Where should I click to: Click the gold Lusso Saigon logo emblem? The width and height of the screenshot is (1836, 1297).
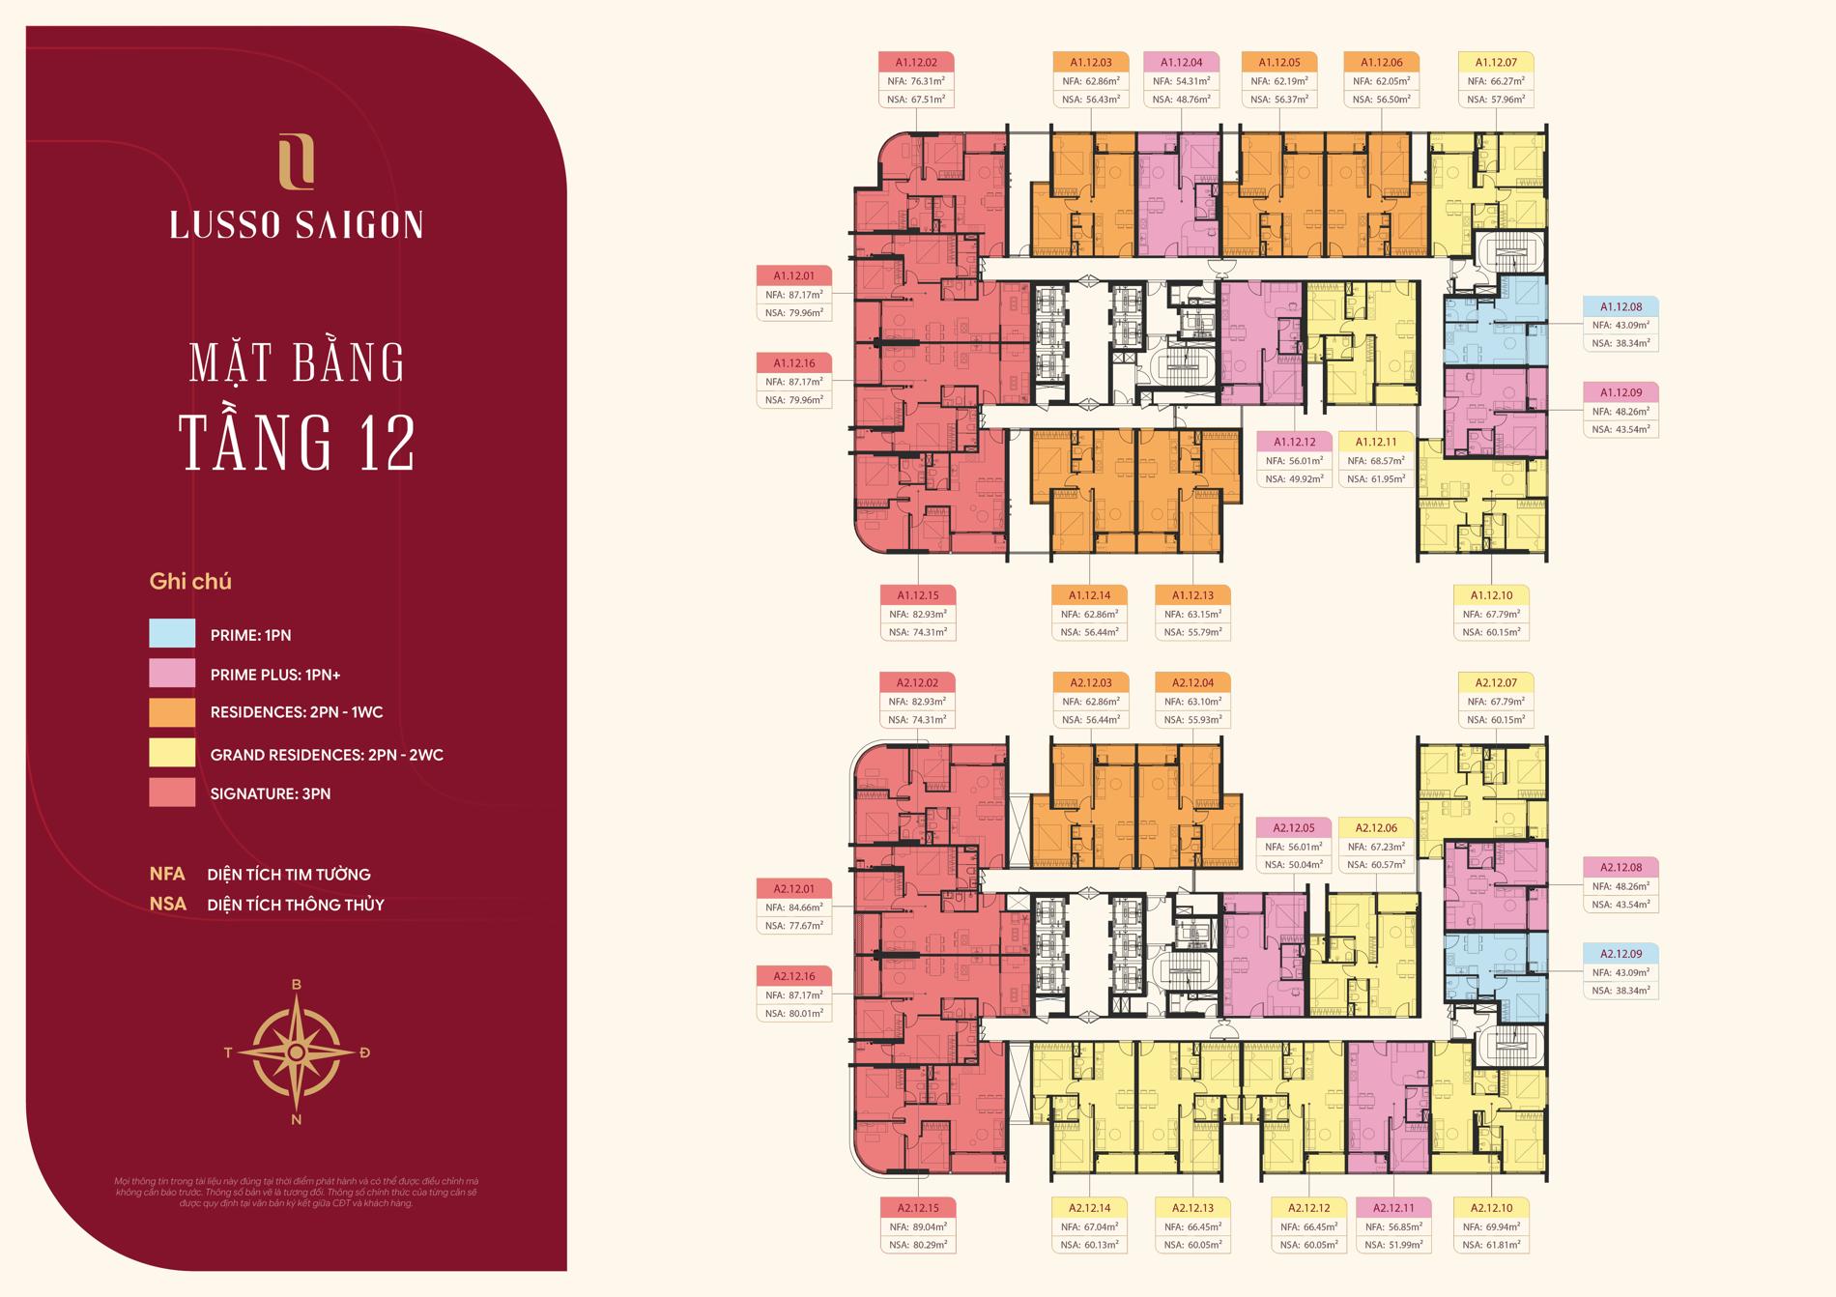point(296,161)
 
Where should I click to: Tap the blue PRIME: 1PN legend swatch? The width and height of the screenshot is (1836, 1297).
point(172,633)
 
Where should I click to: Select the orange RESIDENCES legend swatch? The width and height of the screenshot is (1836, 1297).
point(172,712)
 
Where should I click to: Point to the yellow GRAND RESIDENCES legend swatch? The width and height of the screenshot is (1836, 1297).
point(172,753)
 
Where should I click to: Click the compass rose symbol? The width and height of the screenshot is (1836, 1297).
point(297,1052)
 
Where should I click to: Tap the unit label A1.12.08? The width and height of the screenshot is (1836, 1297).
point(1621,307)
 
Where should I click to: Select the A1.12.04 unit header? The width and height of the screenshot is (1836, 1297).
point(1181,63)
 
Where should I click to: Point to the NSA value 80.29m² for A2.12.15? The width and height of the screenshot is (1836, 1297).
point(918,1245)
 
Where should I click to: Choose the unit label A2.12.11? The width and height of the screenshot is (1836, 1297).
point(1392,1208)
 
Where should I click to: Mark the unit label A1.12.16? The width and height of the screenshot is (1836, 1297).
point(793,363)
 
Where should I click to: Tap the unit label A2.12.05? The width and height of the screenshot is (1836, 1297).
point(1294,828)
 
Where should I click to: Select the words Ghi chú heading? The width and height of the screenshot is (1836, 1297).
point(190,582)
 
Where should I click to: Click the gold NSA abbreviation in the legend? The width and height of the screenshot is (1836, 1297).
point(167,905)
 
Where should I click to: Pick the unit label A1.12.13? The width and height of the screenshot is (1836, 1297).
point(1192,595)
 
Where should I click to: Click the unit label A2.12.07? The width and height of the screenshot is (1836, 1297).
point(1496,682)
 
